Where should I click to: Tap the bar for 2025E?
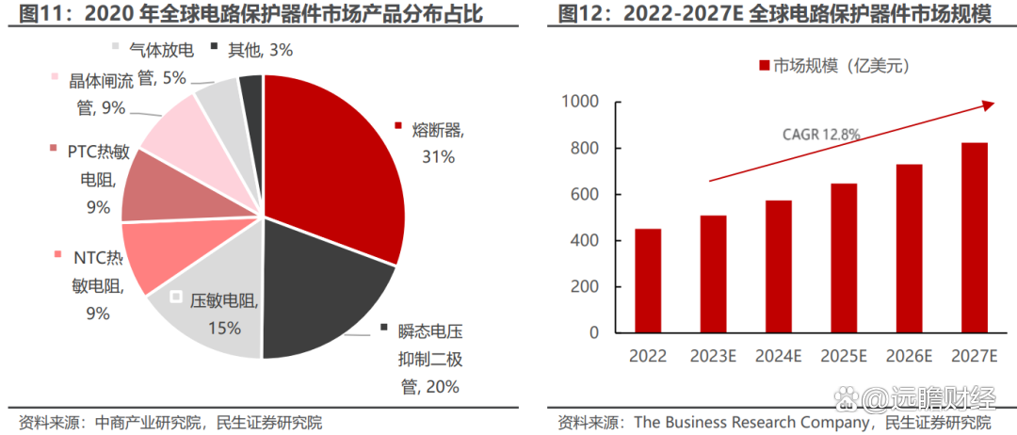tap(844, 258)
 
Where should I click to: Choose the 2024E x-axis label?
tap(778, 356)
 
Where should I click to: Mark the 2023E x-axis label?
tap(713, 356)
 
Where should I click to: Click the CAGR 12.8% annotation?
tap(821, 135)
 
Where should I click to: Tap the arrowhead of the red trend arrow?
tap(989, 105)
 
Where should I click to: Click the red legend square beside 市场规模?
tap(764, 65)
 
